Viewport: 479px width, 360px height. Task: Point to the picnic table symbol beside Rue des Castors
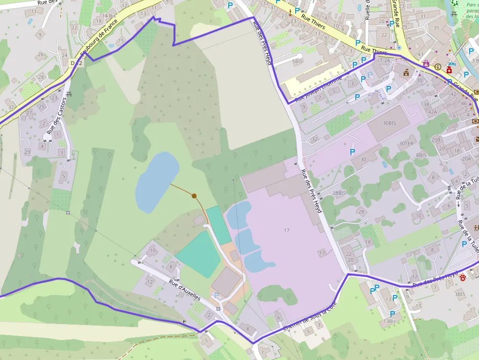[x=69, y=93]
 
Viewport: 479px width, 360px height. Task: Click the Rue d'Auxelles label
[x=185, y=290]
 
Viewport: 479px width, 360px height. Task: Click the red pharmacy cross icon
[x=449, y=70]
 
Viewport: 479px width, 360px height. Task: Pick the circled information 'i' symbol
[x=437, y=66]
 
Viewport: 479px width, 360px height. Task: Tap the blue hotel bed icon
[x=452, y=64]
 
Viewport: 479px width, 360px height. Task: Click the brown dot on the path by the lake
[x=194, y=196]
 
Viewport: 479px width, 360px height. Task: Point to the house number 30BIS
[x=390, y=123]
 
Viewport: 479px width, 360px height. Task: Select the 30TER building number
[x=406, y=144]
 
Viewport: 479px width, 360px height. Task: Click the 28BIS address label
[x=339, y=193]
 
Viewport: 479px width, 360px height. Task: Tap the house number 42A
[x=433, y=112]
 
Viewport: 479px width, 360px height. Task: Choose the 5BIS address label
[x=298, y=62]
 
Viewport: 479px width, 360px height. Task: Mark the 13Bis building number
[x=390, y=321]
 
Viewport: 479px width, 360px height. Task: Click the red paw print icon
[x=462, y=277]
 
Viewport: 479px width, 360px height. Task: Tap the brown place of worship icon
[x=406, y=73]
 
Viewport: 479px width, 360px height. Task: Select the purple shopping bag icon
[x=426, y=64]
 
